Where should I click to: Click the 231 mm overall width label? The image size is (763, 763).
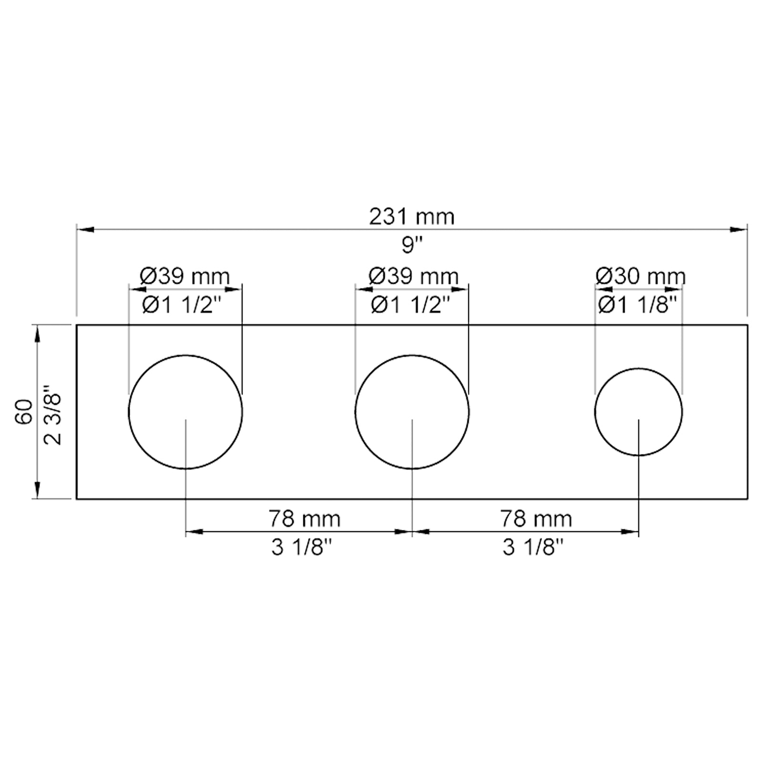coord(412,217)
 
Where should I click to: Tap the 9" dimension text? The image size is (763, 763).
coord(412,246)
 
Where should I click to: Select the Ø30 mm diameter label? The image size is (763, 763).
coord(640,276)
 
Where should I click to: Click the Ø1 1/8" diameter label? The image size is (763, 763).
coord(638,305)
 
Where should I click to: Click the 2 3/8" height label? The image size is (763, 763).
coord(52,415)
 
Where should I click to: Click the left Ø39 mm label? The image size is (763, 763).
coord(185,276)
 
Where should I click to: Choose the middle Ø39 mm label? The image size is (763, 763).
coord(413,276)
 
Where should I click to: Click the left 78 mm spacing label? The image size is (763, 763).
coord(304,518)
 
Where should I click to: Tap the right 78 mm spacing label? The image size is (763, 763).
coord(536,518)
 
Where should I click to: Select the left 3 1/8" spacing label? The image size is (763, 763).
coord(301,547)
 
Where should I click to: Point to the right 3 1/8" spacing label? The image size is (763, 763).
coord(533,547)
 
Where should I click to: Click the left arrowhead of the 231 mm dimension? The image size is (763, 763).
coord(84,230)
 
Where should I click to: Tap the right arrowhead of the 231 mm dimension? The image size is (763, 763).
coord(739,230)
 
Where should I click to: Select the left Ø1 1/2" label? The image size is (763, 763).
coord(182,305)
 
